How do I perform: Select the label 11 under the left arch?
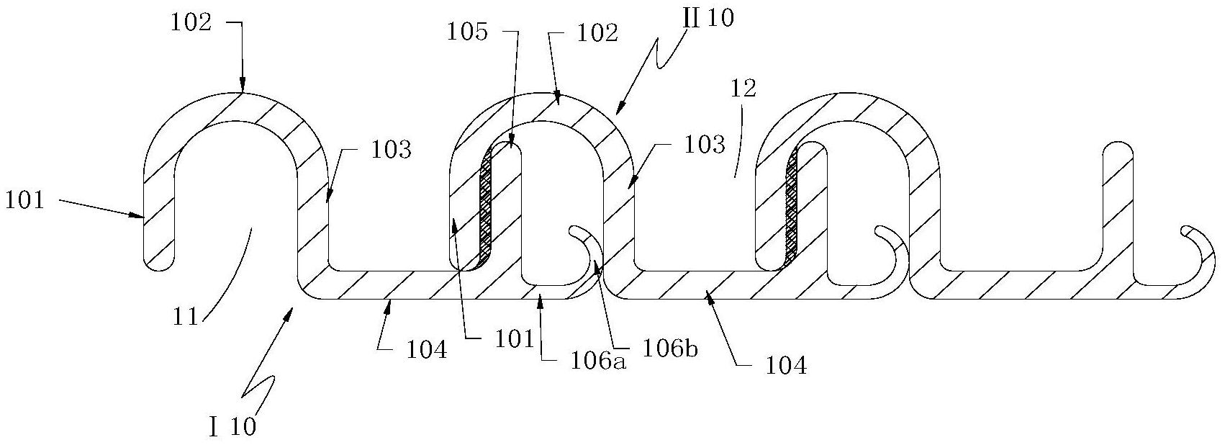[185, 316]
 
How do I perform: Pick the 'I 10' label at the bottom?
[232, 427]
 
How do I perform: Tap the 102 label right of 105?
[597, 34]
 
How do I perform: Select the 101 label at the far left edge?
[24, 199]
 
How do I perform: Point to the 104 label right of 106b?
[785, 366]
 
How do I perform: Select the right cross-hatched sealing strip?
[793, 205]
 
